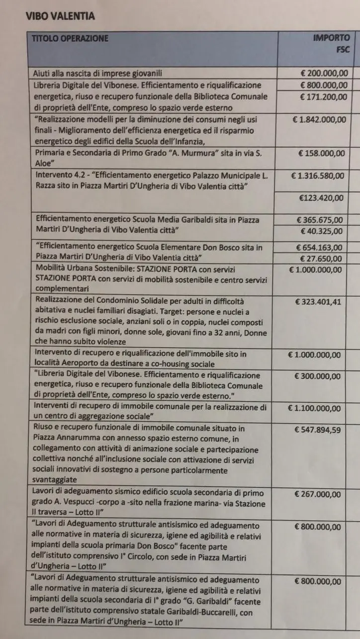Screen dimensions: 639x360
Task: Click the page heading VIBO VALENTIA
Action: tap(60, 17)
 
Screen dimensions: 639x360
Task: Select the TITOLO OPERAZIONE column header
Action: tap(70, 38)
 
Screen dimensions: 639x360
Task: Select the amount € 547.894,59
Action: tap(317, 430)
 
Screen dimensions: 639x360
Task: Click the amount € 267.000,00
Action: tap(318, 494)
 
